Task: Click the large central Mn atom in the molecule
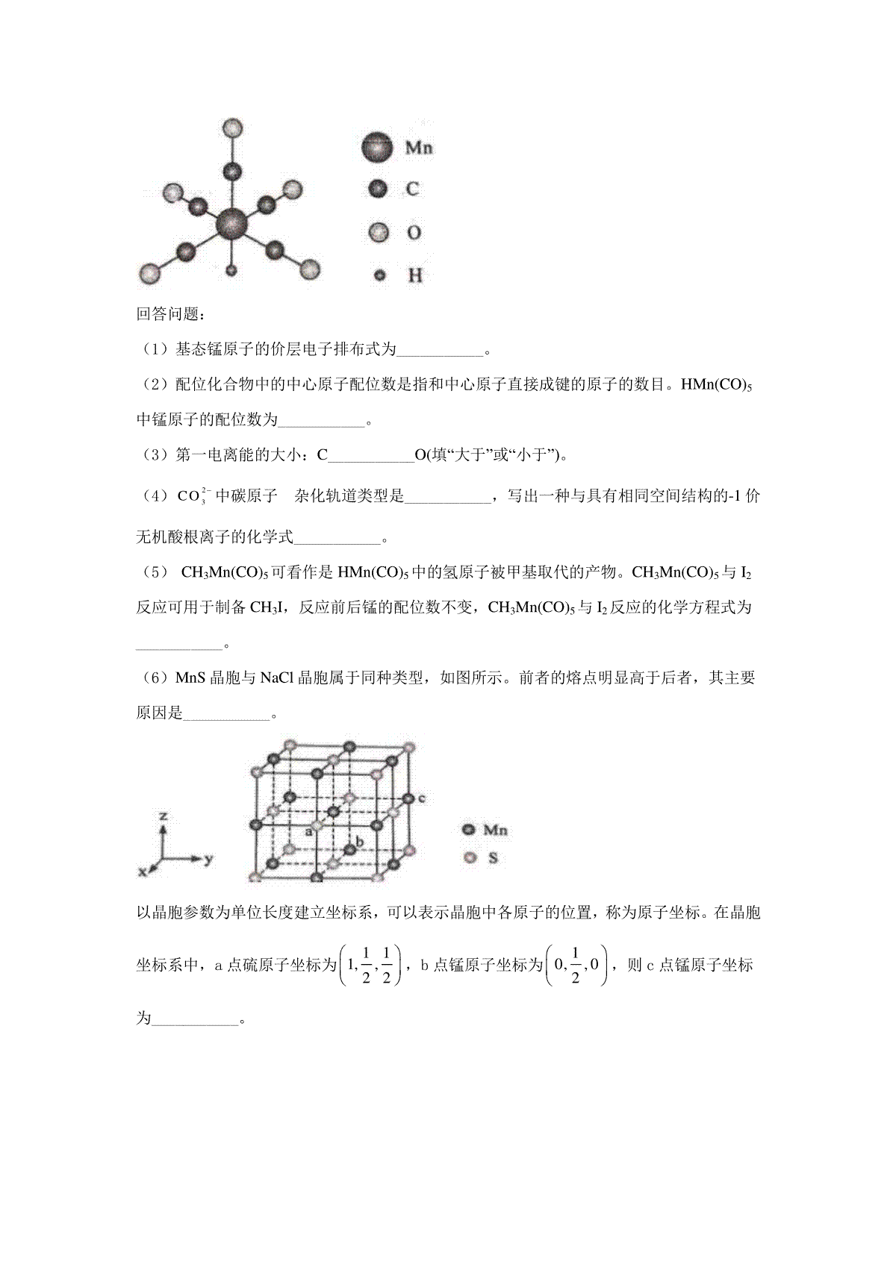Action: pos(231,223)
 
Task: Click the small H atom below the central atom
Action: pos(231,271)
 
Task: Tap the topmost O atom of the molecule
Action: pos(233,128)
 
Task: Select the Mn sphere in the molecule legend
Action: pos(377,148)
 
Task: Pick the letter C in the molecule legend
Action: pos(411,190)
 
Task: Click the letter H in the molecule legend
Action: pos(415,275)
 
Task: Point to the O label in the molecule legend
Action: pos(413,233)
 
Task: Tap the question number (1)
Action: pos(155,348)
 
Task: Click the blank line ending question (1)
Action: pos(441,349)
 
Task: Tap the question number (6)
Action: pos(155,678)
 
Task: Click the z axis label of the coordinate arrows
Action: pos(163,816)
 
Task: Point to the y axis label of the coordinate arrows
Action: pos(208,859)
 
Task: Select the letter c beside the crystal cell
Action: pos(422,798)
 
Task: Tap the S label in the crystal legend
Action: pos(493,858)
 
